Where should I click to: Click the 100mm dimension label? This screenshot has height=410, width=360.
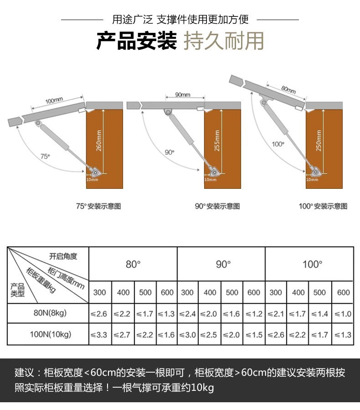(54, 99)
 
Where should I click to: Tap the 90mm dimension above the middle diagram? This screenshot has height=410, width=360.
(182, 94)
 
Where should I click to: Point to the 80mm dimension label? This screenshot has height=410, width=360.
(288, 89)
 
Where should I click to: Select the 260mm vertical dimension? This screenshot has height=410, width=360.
(99, 140)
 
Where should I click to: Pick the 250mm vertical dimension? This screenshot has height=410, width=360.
(319, 140)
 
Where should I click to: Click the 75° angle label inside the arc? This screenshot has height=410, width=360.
(45, 156)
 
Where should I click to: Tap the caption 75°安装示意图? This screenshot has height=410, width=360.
(98, 206)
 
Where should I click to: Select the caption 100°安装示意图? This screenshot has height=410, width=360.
(323, 206)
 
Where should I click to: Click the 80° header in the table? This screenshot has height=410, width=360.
(133, 264)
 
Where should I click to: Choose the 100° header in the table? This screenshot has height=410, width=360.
(312, 264)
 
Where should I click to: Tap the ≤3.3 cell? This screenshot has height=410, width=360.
(99, 335)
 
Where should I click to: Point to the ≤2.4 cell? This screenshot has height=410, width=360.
(187, 314)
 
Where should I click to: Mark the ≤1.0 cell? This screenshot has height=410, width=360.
(343, 314)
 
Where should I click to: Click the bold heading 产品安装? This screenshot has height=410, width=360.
(136, 41)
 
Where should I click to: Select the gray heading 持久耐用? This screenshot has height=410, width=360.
(223, 41)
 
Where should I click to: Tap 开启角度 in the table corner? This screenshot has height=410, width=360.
(63, 256)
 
